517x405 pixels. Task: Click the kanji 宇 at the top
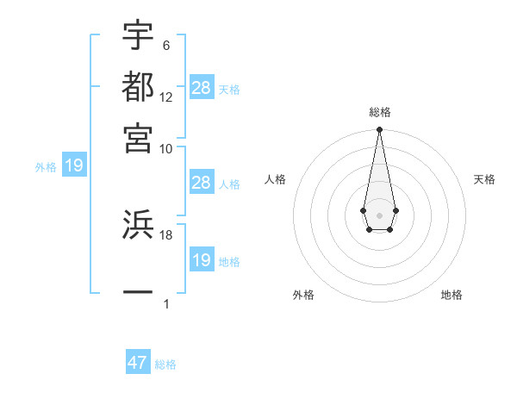coord(138,35)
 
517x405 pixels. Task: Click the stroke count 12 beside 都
coord(166,97)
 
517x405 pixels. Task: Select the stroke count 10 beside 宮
coord(166,147)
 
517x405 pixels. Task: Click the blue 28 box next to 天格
coord(202,88)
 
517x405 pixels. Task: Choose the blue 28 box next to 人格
coord(201,183)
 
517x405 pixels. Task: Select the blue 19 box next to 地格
coord(201,260)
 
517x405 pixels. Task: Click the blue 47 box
coord(138,363)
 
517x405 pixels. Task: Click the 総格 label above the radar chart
coord(379,112)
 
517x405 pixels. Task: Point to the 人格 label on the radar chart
coord(276,179)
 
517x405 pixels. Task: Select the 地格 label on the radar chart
coord(452,295)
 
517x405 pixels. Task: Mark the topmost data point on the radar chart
coord(379,130)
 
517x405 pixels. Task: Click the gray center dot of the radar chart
coord(379,215)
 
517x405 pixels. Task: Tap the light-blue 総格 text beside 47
coord(165,364)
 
